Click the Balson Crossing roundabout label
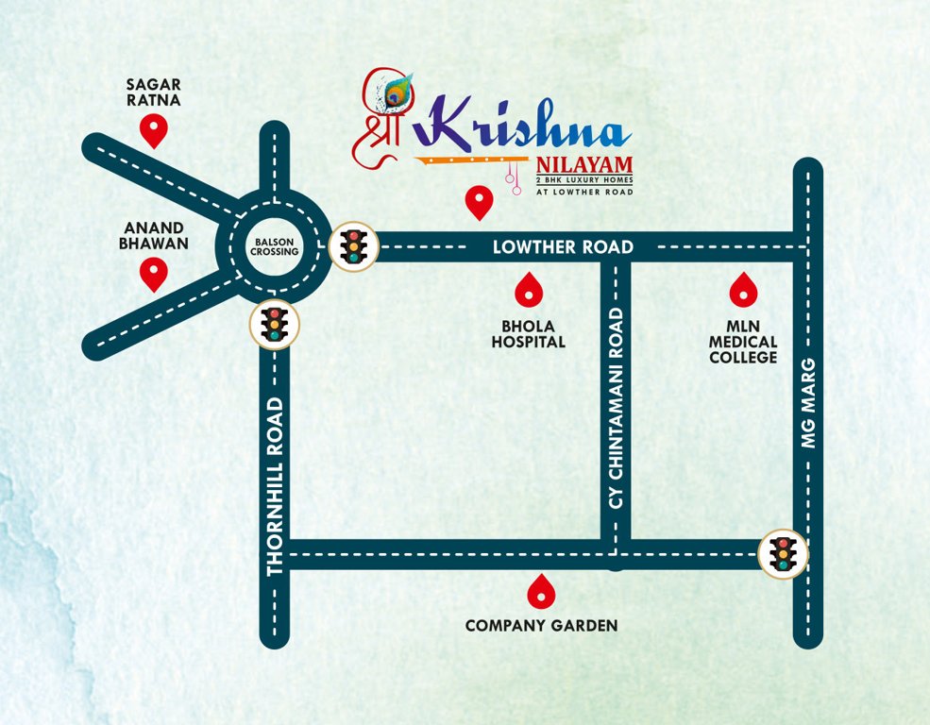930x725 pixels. click(275, 246)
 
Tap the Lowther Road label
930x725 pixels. click(564, 247)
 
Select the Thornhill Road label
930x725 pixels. click(275, 486)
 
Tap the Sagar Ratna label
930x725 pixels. click(153, 92)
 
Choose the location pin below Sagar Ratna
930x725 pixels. click(153, 129)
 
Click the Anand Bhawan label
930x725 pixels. click(153, 235)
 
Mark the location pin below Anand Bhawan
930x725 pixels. click(153, 274)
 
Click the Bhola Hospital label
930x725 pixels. click(528, 333)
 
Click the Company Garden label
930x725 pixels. click(541, 625)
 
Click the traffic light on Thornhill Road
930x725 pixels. click(275, 325)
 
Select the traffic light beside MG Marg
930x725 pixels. click(783, 553)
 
